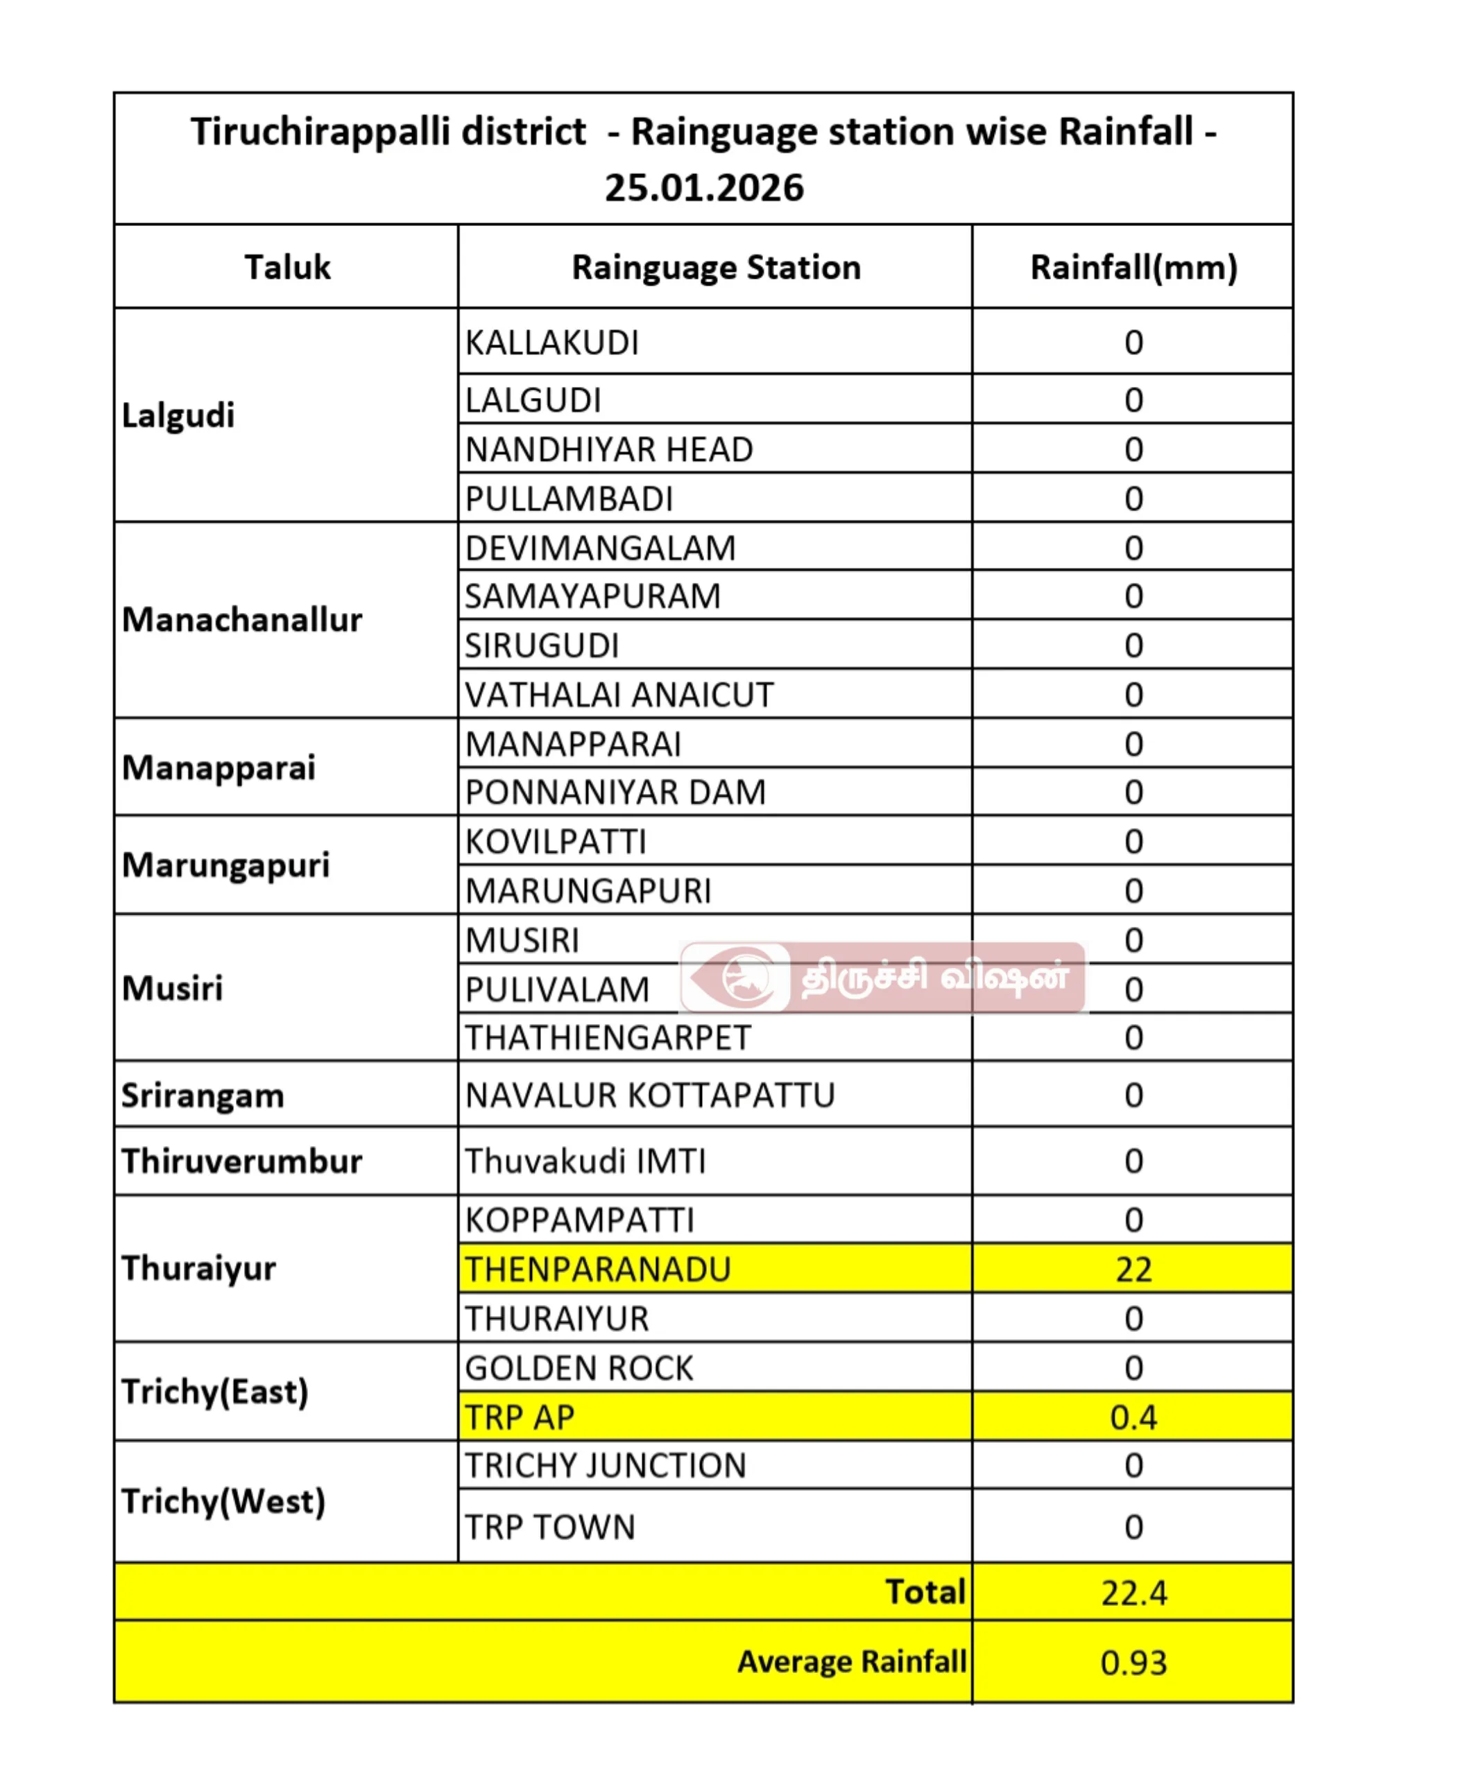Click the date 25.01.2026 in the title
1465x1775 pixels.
pyautogui.click(x=704, y=187)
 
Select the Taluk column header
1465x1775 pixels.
pyautogui.click(x=287, y=268)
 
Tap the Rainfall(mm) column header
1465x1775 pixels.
pyautogui.click(x=1133, y=268)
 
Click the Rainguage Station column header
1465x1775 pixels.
pyautogui.click(x=716, y=268)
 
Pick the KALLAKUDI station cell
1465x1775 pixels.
pyautogui.click(x=552, y=343)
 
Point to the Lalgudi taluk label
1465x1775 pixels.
pyautogui.click(x=178, y=415)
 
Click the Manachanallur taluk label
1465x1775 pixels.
pyautogui.click(x=241, y=620)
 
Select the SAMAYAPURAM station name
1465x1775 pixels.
pyautogui.click(x=592, y=596)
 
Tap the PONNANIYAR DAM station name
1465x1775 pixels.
pyautogui.click(x=615, y=793)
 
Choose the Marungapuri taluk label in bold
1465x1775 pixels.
pyautogui.click(x=225, y=865)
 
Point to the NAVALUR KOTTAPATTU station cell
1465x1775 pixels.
pyautogui.click(x=650, y=1095)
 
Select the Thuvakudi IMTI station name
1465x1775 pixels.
pyautogui.click(x=585, y=1161)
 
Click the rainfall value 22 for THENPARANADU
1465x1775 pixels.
pyautogui.click(x=1133, y=1269)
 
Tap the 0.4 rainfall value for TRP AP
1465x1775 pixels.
pyautogui.click(x=1133, y=1417)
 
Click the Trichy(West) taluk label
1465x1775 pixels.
pyautogui.click(x=223, y=1503)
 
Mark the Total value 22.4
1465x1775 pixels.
pyautogui.click(x=1133, y=1593)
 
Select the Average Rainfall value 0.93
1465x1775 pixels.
pyautogui.click(x=1133, y=1663)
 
